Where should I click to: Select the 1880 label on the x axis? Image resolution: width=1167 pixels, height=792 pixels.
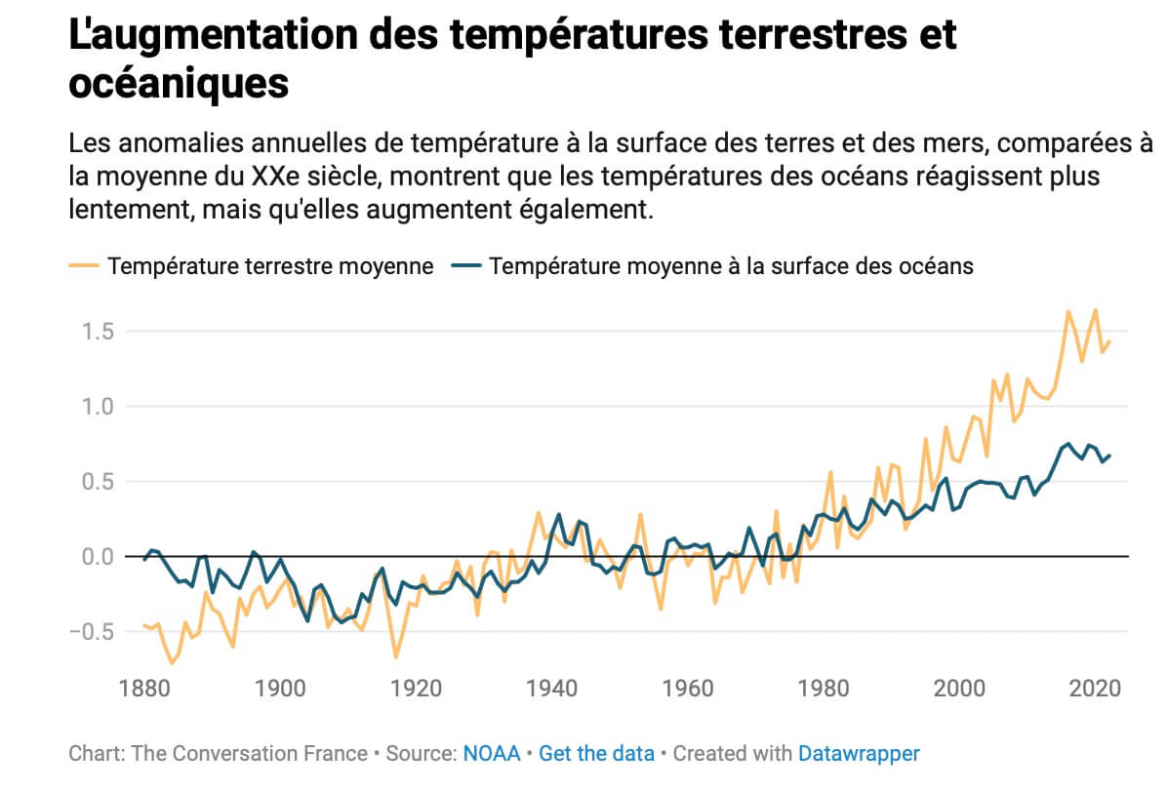(144, 687)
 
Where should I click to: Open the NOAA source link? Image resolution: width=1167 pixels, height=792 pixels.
(492, 754)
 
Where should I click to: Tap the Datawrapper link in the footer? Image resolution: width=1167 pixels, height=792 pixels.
(859, 754)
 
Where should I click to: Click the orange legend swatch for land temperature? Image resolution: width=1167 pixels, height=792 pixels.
(84, 266)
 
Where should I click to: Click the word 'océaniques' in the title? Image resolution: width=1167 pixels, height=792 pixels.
(179, 85)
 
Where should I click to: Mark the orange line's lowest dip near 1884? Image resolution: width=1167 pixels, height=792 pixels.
(172, 663)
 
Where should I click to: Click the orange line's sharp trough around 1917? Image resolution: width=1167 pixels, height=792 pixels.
(396, 656)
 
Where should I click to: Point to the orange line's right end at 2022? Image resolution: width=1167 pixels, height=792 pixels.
(1109, 341)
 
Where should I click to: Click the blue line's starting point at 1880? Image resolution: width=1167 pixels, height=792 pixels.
(144, 560)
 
